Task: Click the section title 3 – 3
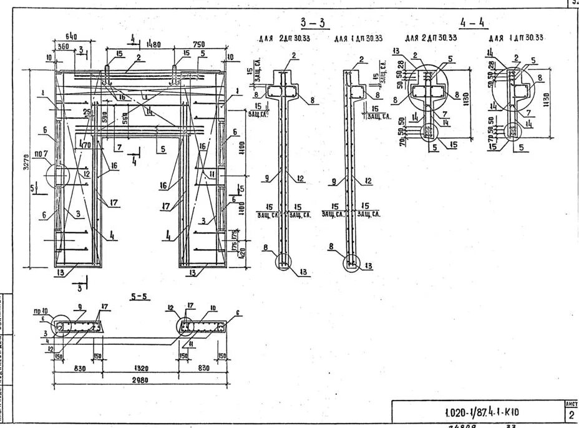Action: (313, 24)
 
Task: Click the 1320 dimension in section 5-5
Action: (138, 369)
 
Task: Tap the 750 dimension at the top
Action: (199, 44)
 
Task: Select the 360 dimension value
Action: (63, 46)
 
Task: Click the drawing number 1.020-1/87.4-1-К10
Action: (482, 412)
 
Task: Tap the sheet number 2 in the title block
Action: (571, 416)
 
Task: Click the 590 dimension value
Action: (105, 117)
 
